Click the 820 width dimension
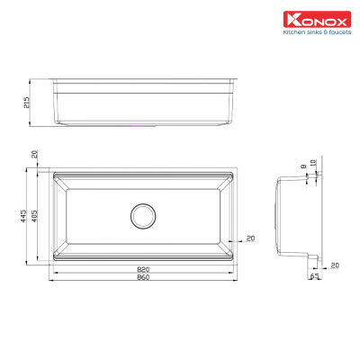click(x=144, y=269)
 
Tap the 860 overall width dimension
click(x=144, y=278)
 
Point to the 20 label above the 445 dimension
click(x=34, y=156)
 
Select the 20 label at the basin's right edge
click(x=249, y=238)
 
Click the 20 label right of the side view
click(x=335, y=265)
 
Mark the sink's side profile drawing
click(x=297, y=216)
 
